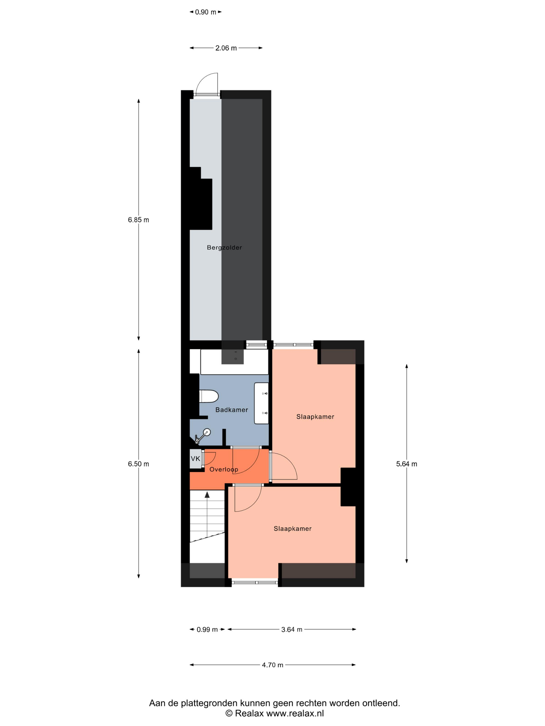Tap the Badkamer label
pos(231,410)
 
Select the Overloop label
pos(224,469)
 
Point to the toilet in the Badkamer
pos(209,396)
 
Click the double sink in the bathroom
pos(262,403)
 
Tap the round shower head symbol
pos(207,432)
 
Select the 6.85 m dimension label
pos(138,220)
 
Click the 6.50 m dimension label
pos(138,464)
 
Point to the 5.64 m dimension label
pos(406,464)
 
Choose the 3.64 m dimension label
pos(292,630)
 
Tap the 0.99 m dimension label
pos(207,630)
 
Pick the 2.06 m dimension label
pos(226,48)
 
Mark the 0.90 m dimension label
pos(206,12)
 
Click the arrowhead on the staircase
pos(207,495)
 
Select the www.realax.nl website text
pos(295,713)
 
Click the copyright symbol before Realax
pos(229,713)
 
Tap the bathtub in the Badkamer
pos(234,362)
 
